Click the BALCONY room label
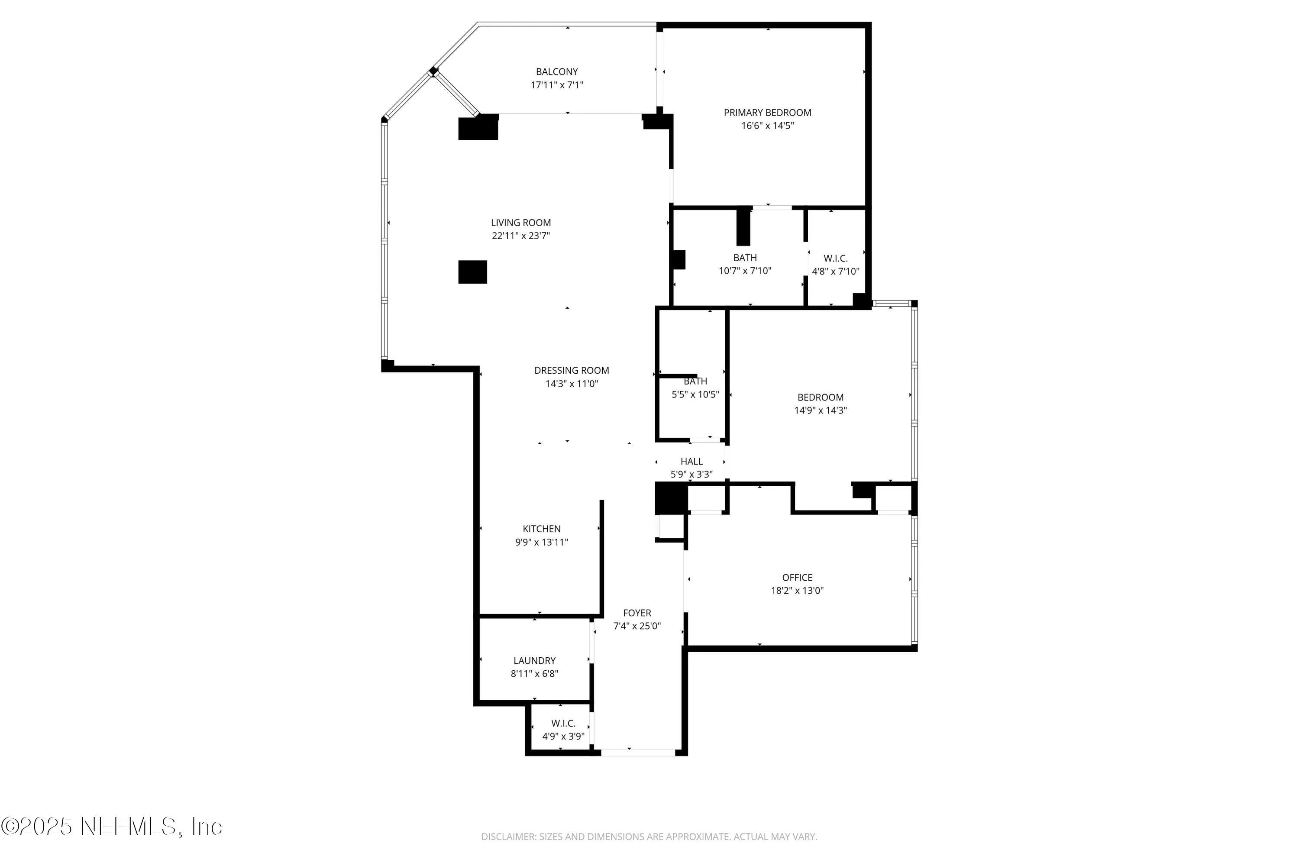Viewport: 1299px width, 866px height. tap(557, 72)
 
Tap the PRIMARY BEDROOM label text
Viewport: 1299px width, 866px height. tap(767, 113)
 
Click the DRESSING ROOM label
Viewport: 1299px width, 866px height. tap(572, 371)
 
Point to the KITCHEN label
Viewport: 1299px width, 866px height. tap(541, 529)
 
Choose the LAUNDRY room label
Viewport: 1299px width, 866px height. tap(534, 661)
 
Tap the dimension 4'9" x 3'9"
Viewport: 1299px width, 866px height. tap(563, 736)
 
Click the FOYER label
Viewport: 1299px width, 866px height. tap(637, 613)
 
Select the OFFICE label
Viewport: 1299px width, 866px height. tap(797, 578)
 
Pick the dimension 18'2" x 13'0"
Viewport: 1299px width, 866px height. tap(797, 591)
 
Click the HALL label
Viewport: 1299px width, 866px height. tap(692, 462)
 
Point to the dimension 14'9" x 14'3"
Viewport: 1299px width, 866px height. tap(820, 410)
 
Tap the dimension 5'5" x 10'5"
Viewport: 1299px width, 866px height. tap(695, 394)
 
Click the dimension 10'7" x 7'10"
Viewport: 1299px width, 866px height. tap(744, 271)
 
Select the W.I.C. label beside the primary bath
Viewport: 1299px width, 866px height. tap(835, 259)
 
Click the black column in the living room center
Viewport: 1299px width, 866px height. tap(472, 272)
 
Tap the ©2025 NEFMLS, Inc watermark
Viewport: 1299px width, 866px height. tap(112, 827)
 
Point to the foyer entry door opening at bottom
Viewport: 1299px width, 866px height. tap(637, 752)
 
